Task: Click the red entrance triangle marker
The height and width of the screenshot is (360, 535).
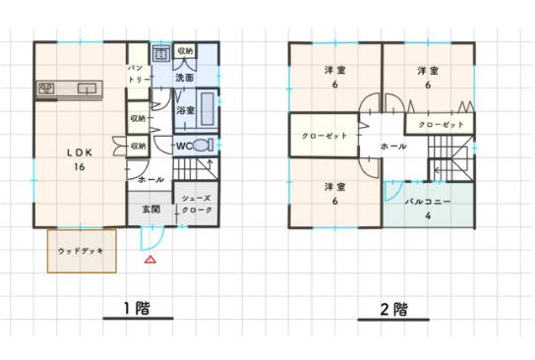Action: point(150,260)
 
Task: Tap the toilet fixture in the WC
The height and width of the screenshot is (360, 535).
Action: point(203,145)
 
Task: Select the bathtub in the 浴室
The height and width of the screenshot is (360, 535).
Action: point(207,109)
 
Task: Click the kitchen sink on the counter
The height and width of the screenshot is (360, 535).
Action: point(87,89)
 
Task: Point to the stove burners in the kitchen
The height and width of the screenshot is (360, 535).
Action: point(46,89)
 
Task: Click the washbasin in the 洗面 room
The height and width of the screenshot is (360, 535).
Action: point(161,53)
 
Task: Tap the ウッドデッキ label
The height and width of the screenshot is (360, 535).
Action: point(81,251)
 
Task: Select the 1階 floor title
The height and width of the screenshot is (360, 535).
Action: point(137,308)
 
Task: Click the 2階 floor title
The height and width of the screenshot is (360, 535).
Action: point(393,309)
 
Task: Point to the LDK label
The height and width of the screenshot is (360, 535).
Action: point(80,152)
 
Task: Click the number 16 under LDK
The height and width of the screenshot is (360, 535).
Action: point(79,167)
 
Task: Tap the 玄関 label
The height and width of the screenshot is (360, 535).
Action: point(151,209)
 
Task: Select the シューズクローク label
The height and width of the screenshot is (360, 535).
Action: point(197,204)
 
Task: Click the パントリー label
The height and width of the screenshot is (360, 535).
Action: point(139,74)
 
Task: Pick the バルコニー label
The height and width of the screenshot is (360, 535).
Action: point(428,202)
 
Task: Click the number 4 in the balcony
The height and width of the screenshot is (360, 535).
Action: point(428,215)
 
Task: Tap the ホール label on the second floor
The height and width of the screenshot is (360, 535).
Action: point(393,147)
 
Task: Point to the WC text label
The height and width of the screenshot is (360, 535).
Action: point(185,146)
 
